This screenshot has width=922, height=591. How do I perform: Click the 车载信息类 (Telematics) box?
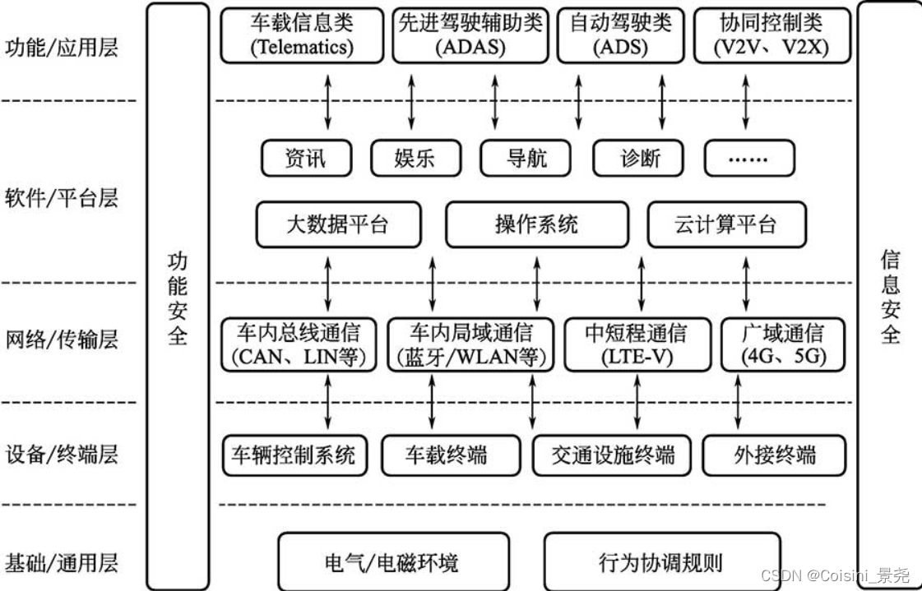[302, 35]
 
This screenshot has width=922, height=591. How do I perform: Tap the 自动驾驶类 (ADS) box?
[620, 35]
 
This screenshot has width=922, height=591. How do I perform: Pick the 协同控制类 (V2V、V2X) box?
[759, 35]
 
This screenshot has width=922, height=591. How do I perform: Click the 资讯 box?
[306, 158]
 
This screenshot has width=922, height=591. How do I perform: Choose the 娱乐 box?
[415, 158]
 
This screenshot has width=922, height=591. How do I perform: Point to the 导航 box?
[526, 158]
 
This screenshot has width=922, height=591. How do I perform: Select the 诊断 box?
[639, 158]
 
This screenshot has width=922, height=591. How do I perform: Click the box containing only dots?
[748, 158]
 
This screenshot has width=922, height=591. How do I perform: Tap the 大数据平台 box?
[338, 224]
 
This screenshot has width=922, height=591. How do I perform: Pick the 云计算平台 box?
[726, 224]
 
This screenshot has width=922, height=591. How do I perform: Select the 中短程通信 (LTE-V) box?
[637, 344]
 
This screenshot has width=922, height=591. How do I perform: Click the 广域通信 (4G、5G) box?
[782, 344]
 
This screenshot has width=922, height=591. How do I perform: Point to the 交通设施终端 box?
[613, 455]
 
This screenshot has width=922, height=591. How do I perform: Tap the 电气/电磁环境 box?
[393, 563]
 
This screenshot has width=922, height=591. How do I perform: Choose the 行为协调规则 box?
[661, 563]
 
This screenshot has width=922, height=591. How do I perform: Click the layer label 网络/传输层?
[62, 339]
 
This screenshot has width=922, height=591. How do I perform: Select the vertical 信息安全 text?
[890, 298]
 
